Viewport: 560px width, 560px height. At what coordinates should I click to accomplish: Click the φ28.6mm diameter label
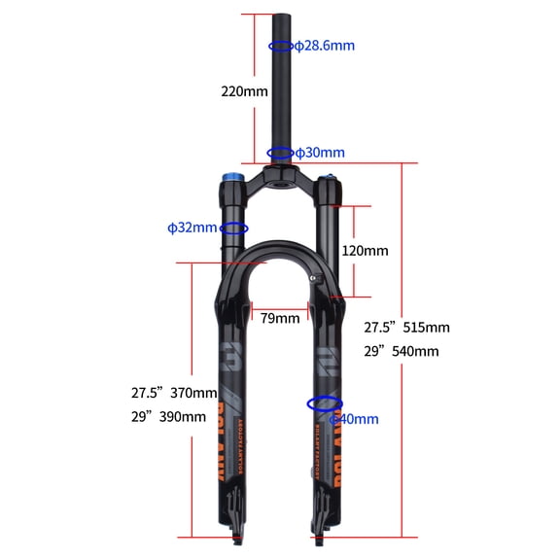click(325, 46)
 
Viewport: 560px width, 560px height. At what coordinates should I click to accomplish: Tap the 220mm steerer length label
click(244, 91)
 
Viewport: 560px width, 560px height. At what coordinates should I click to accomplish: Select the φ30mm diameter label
click(320, 153)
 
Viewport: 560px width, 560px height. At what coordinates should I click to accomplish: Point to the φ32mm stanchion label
click(192, 227)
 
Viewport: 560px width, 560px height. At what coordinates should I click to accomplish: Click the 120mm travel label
click(365, 250)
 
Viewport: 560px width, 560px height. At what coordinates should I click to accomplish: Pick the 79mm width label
click(280, 318)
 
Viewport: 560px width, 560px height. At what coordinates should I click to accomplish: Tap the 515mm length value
click(427, 327)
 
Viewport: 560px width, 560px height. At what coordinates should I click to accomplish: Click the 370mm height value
click(193, 393)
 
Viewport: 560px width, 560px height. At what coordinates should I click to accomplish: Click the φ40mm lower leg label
click(355, 419)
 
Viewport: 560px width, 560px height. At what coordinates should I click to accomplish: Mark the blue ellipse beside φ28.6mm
click(280, 46)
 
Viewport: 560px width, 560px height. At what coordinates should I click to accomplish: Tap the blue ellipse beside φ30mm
click(280, 153)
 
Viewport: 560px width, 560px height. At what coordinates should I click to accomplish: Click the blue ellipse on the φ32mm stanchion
click(234, 228)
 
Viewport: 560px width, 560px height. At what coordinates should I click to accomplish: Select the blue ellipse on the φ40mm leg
click(324, 402)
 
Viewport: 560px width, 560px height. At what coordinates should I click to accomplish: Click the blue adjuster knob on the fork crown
click(234, 179)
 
